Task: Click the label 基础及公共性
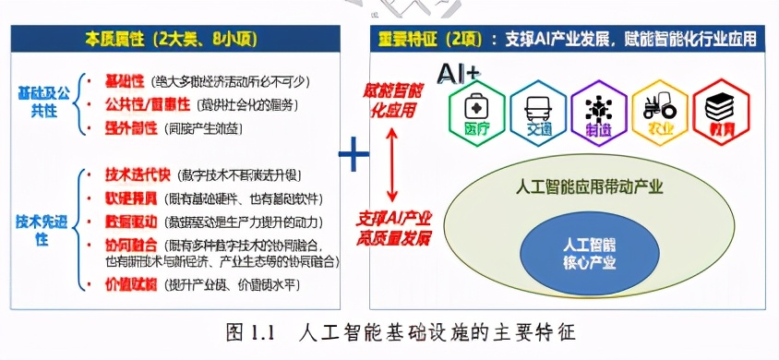(x=42, y=101)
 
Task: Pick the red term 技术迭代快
(x=135, y=174)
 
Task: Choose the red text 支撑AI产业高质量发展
(x=391, y=229)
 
